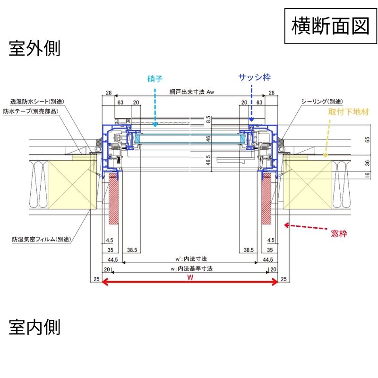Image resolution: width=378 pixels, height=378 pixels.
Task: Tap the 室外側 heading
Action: pyautogui.click(x=34, y=49)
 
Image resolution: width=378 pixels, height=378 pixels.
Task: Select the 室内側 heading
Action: pyautogui.click(x=34, y=326)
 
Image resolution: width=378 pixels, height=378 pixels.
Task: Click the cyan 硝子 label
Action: pyautogui.click(x=155, y=78)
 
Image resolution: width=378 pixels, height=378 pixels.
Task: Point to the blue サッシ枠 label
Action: pyautogui.click(x=254, y=77)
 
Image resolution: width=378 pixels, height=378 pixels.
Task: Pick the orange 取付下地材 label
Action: pyautogui.click(x=349, y=112)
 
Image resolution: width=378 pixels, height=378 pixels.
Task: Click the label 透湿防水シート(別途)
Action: pyautogui.click(x=37, y=102)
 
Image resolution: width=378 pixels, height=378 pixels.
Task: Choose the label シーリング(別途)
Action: pyautogui.click(x=321, y=102)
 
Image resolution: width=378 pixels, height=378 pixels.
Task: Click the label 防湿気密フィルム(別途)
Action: pyautogui.click(x=41, y=240)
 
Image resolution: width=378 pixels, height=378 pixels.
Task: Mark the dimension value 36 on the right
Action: pyautogui.click(x=368, y=163)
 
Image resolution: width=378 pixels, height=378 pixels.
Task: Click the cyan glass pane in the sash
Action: pyautogui.click(x=189, y=139)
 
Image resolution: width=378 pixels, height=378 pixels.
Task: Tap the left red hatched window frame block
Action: pyautogui.click(x=114, y=198)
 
